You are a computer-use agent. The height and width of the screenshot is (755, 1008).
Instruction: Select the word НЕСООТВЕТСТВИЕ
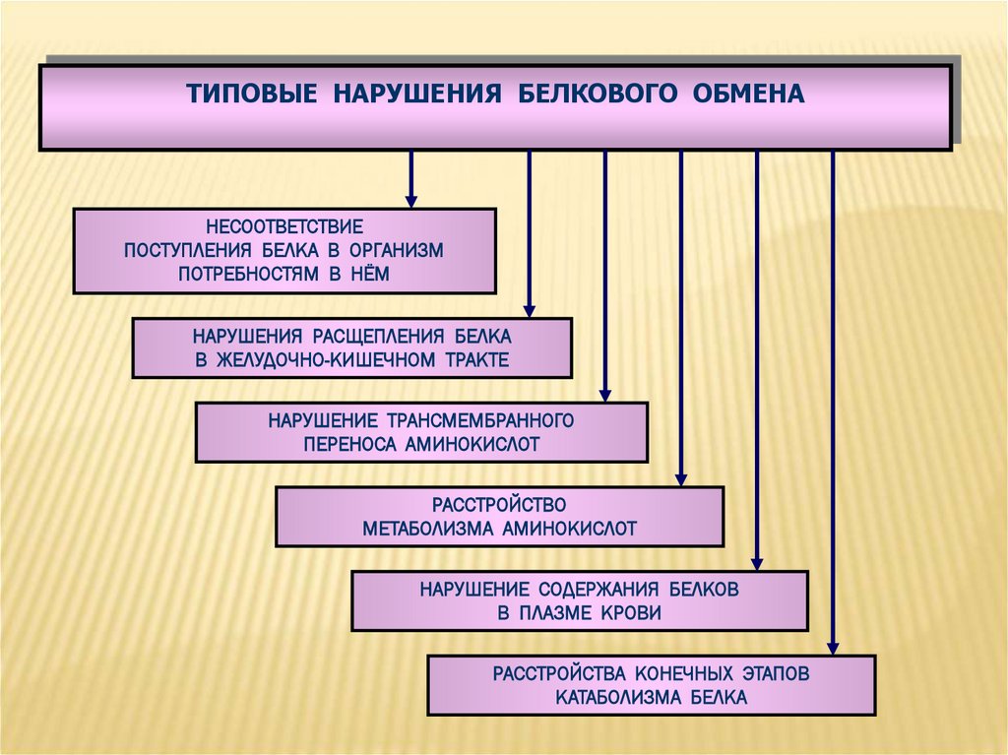tap(284, 227)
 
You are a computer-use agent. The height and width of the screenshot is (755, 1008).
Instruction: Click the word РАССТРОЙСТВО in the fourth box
tap(500, 505)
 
